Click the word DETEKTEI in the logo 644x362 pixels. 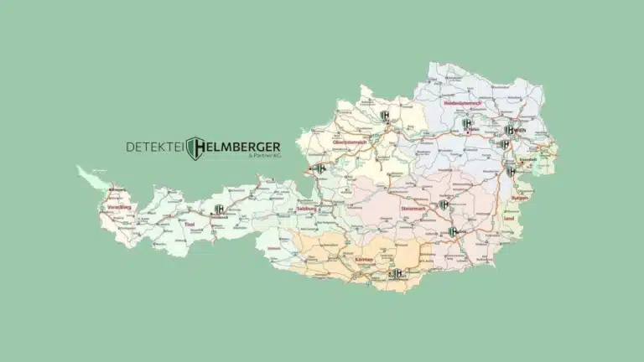(155, 147)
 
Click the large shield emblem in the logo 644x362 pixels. (195, 148)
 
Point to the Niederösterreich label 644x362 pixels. (451, 102)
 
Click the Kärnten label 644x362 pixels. (363, 261)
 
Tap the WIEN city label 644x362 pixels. (521, 131)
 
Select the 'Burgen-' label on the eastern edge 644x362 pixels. (521, 199)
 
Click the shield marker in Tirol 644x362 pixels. (219, 209)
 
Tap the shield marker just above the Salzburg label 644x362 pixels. (319, 168)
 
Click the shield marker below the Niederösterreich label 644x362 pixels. (467, 124)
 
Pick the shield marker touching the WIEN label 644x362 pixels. (510, 130)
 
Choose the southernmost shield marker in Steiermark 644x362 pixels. (453, 232)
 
